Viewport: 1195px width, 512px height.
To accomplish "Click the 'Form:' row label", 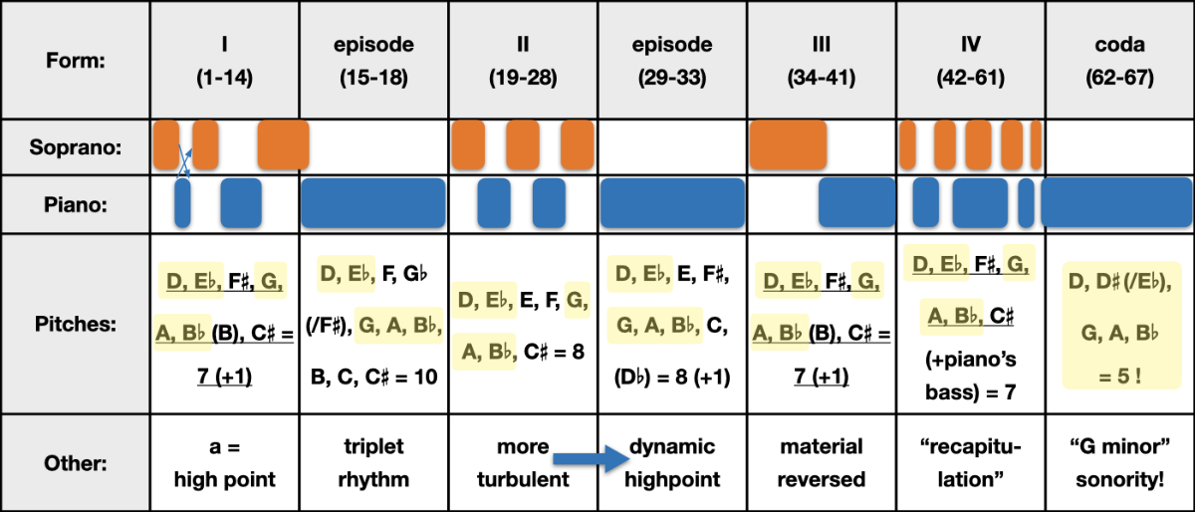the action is (76, 61).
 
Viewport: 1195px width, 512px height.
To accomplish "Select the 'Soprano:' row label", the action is (76, 147).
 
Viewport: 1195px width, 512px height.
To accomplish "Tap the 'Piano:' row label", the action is (76, 204).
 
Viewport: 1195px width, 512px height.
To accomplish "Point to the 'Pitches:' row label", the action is (76, 324).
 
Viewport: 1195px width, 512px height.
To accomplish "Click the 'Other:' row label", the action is (76, 463).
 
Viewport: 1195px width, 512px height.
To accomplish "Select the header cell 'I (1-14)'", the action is (225, 61).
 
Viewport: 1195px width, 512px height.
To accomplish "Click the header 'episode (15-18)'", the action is (374, 61).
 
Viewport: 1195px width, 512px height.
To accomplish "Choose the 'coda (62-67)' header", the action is (1119, 61).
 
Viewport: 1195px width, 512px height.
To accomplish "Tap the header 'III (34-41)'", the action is (822, 61).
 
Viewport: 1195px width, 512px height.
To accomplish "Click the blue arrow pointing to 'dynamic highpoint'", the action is (592, 458).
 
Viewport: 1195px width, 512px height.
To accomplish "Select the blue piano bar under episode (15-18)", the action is (373, 203).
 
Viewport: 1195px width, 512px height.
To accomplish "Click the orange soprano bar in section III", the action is (788, 144).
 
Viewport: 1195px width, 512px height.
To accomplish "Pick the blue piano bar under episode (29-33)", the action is (672, 203).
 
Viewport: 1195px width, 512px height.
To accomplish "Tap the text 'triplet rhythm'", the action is (374, 463).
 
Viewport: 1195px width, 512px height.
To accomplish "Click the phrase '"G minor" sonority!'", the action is (1119, 463).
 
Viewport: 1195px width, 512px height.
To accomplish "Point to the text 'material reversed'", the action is (822, 463).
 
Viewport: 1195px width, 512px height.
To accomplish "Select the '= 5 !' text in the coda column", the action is (1119, 377).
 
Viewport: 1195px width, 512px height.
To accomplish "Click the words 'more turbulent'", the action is (523, 463).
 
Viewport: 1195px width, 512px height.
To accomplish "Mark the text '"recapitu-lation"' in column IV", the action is (970, 463).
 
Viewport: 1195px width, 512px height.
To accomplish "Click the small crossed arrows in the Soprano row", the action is (184, 160).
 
